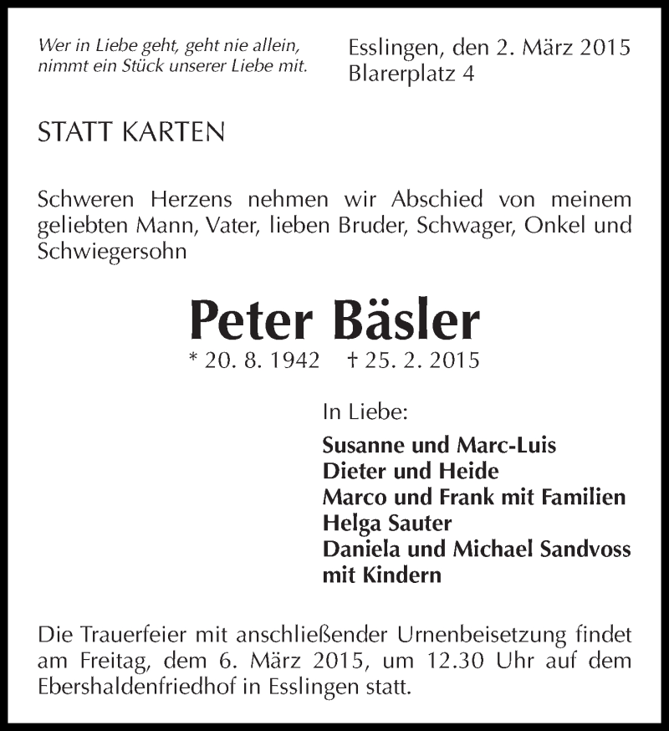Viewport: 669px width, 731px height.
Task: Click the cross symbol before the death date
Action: coord(351,361)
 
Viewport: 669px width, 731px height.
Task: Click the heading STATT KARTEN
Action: coord(131,132)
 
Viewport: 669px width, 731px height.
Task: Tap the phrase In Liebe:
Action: coord(365,412)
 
